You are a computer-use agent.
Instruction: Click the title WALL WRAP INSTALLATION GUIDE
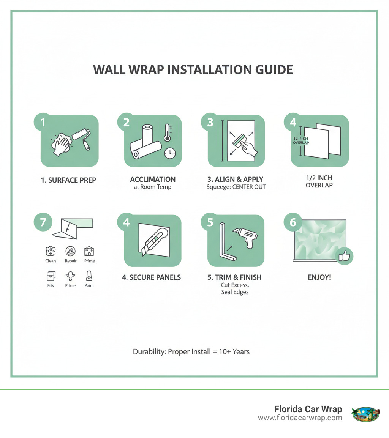(x=193, y=70)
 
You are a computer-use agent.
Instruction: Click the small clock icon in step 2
(x=170, y=153)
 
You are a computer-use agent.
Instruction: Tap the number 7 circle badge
(x=43, y=222)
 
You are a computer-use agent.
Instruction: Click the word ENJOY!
(x=319, y=277)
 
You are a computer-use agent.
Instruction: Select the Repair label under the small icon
(x=71, y=261)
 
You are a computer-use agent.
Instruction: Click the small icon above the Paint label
(x=89, y=276)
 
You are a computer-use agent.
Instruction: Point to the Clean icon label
(x=51, y=261)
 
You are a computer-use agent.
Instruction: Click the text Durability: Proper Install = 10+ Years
(x=191, y=351)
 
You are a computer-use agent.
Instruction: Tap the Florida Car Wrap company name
(x=308, y=409)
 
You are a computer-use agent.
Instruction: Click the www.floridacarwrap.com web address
(x=300, y=418)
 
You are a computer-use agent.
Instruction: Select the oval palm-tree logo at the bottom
(x=366, y=413)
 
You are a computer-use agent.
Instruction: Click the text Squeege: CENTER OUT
(x=236, y=187)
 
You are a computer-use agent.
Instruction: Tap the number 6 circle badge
(x=293, y=222)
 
